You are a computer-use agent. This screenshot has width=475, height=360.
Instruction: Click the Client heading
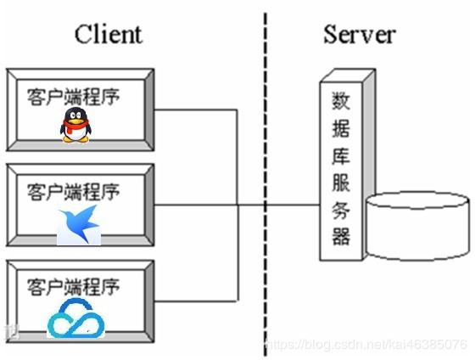108,34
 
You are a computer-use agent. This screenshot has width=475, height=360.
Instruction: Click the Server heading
358,34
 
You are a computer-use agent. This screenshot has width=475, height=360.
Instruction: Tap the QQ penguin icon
75,126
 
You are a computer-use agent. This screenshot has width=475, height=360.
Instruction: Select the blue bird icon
79,224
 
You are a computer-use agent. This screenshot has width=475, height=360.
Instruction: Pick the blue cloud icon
74,322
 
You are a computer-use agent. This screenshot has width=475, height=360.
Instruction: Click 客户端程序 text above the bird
73,189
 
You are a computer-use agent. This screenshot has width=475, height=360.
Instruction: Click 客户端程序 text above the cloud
73,284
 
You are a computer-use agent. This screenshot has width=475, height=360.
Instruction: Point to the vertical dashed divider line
265,170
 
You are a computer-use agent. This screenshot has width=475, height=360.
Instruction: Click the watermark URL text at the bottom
365,345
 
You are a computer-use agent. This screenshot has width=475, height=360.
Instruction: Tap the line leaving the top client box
195,110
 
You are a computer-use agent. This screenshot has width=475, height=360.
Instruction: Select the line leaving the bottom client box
195,300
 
